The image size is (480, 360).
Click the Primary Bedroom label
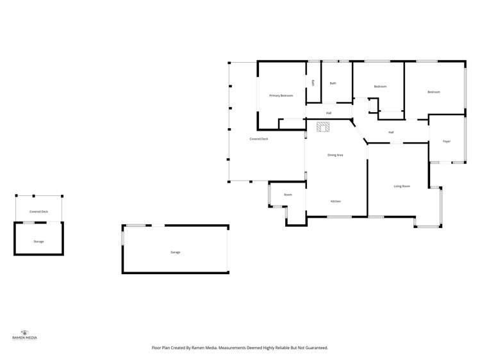click(x=281, y=95)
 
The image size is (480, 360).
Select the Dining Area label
click(x=335, y=155)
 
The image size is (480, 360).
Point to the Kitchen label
click(x=335, y=201)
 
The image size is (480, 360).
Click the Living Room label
click(x=402, y=186)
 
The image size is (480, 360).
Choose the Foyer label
click(x=447, y=142)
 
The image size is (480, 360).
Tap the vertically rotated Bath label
click(x=313, y=83)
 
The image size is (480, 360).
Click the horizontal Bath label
click(x=333, y=83)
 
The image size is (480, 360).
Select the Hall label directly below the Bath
click(x=329, y=113)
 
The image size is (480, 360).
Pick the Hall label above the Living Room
click(x=391, y=133)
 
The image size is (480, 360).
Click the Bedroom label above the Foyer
click(x=434, y=92)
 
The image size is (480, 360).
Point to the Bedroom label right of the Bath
click(x=380, y=86)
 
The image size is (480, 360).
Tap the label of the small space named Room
click(x=288, y=194)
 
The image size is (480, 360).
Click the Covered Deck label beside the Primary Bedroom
click(x=259, y=139)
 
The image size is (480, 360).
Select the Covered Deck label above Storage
click(x=38, y=211)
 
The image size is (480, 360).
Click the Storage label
click(x=38, y=241)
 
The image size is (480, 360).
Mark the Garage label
click(x=175, y=252)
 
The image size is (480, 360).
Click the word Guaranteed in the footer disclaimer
click(x=313, y=348)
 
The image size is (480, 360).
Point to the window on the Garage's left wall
click(x=122, y=236)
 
